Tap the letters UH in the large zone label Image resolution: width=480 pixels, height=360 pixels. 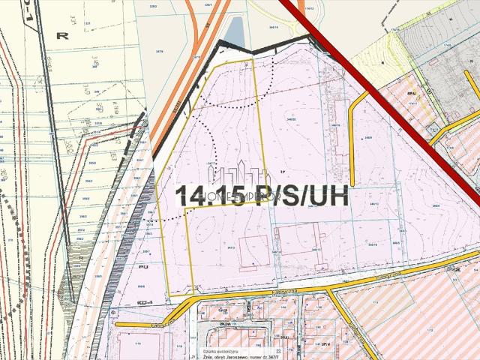[328, 196]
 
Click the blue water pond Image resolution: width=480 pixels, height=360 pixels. [234, 32]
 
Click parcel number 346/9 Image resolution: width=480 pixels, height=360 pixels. [367, 138]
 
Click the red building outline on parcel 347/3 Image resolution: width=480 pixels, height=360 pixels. [254, 253]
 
